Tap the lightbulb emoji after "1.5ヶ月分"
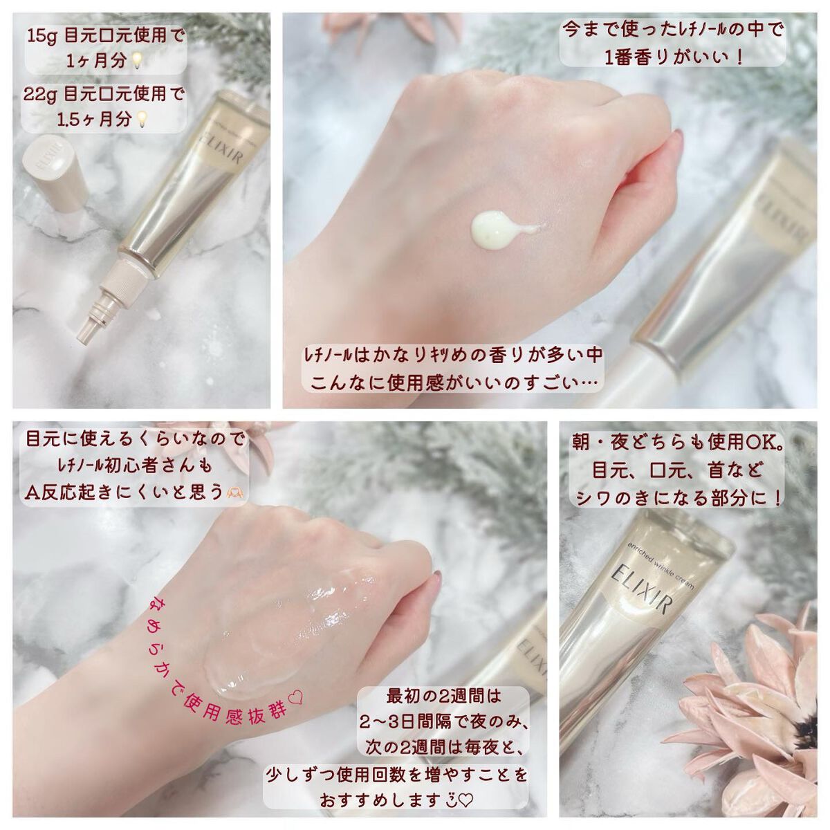tap(140, 119)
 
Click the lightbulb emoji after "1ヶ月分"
tap(135, 61)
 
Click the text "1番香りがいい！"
tap(674, 57)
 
